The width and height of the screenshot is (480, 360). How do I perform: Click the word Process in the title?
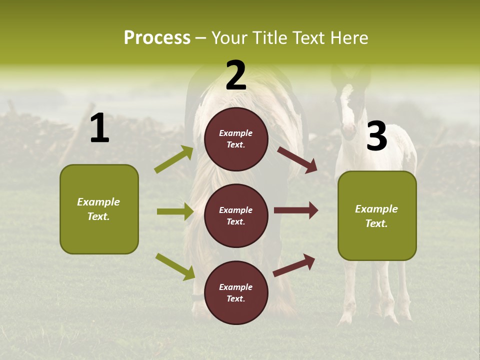157,38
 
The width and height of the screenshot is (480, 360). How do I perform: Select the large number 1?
99,128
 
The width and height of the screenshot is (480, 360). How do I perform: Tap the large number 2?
236,75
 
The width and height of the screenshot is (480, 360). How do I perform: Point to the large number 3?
376,136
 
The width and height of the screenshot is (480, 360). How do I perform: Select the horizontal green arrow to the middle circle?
175,211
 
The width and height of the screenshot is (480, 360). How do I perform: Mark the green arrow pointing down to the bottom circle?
175,266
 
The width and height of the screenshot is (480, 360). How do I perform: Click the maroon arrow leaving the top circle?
297,160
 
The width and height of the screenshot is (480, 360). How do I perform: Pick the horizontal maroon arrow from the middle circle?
295,210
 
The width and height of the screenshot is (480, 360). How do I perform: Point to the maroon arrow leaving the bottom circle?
294,265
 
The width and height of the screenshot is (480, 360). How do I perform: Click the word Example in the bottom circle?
235,287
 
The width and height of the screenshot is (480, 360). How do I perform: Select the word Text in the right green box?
376,223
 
